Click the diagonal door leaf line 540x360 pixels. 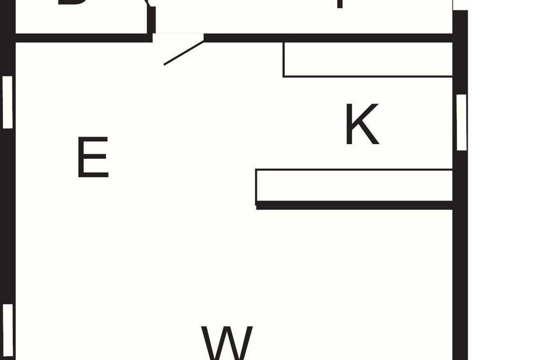184,52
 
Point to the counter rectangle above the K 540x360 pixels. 368,59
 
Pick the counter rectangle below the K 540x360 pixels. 354,185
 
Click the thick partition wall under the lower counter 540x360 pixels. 354,205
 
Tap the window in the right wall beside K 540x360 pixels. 461,122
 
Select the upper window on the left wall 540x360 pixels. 8,102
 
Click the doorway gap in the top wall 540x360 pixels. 178,37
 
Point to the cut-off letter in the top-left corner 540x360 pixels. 72,4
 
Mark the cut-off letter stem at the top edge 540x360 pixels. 341,4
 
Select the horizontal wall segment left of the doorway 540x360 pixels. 83,38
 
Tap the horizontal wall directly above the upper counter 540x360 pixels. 368,38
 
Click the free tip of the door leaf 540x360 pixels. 165,64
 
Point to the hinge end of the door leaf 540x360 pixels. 203,40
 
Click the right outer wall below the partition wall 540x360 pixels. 460,279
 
